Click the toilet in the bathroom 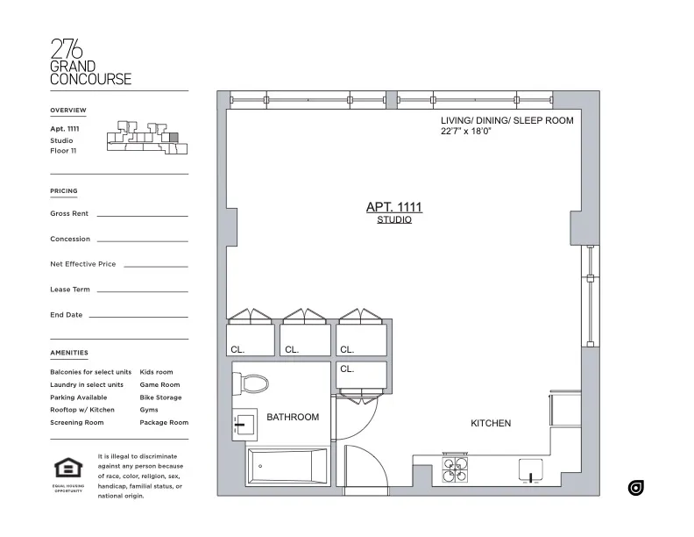coord(253,384)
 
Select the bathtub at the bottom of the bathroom coord(287,464)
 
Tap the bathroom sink coord(244,425)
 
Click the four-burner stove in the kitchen coord(455,469)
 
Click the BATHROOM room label coord(293,417)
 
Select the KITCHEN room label coord(491,423)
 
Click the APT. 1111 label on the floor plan coord(393,207)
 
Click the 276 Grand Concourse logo coord(91,61)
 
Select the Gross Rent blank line coord(142,215)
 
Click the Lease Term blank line coord(142,290)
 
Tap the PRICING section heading coord(64,190)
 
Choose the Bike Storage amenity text coord(160,397)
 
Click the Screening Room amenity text coord(77,422)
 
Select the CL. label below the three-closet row coord(346,369)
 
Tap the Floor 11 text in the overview coord(63,151)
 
